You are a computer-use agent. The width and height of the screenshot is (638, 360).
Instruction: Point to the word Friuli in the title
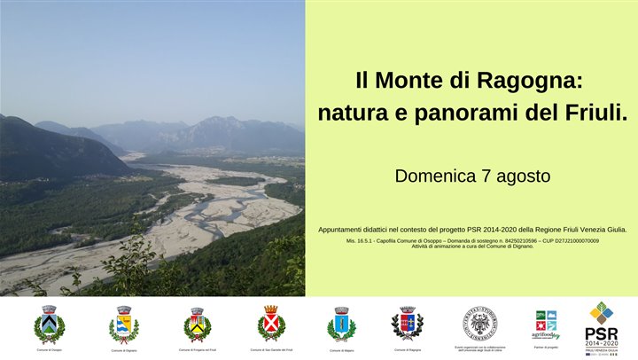click(594, 113)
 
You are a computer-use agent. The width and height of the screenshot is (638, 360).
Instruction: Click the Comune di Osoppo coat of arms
click(49, 324)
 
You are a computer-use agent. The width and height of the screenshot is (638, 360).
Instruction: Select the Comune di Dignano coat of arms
click(124, 324)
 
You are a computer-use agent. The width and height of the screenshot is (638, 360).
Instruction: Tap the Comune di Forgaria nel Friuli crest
click(197, 324)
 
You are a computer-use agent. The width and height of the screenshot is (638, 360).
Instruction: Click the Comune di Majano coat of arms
click(341, 324)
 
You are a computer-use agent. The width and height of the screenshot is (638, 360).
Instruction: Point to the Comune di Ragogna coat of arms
click(408, 323)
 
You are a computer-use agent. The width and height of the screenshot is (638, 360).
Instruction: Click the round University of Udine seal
click(479, 323)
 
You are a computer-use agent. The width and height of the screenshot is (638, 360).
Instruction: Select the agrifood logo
click(546, 325)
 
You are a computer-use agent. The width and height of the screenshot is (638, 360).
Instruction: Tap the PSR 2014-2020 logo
click(602, 326)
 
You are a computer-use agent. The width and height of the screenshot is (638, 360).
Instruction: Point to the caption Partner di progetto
click(546, 347)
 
